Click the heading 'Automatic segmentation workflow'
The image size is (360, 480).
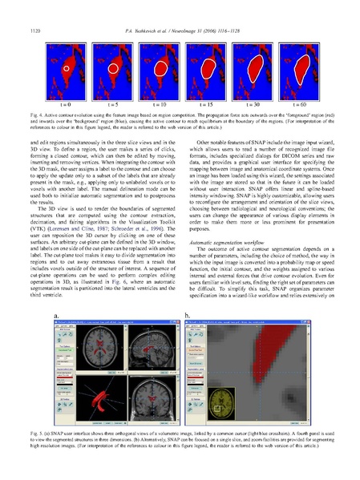click(x=224, y=219)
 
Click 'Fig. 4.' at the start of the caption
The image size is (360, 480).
click(x=36, y=115)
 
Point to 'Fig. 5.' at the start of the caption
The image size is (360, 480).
click(x=36, y=433)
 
